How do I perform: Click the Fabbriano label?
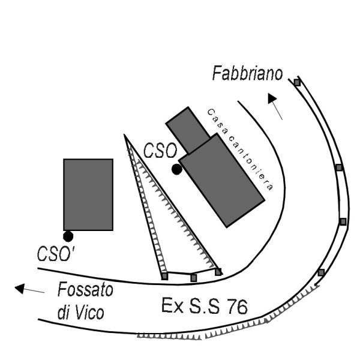point(247,73)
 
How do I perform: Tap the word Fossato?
point(85,289)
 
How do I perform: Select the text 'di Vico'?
point(81,313)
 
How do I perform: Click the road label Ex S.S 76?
point(205,306)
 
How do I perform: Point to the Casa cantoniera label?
point(240,149)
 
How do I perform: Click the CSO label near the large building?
point(160,151)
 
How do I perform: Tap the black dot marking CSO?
point(177,169)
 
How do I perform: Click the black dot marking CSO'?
point(68,236)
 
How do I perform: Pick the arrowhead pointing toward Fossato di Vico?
point(20,288)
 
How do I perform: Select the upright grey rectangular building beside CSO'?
point(88,194)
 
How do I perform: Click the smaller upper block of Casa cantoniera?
point(188,130)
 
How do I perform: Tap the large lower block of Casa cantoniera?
point(222,180)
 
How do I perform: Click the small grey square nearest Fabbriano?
point(297,82)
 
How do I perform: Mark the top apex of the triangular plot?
point(124,134)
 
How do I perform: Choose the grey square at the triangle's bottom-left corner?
point(164,276)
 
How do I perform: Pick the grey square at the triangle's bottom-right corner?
point(218,272)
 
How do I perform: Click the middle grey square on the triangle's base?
point(194,278)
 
